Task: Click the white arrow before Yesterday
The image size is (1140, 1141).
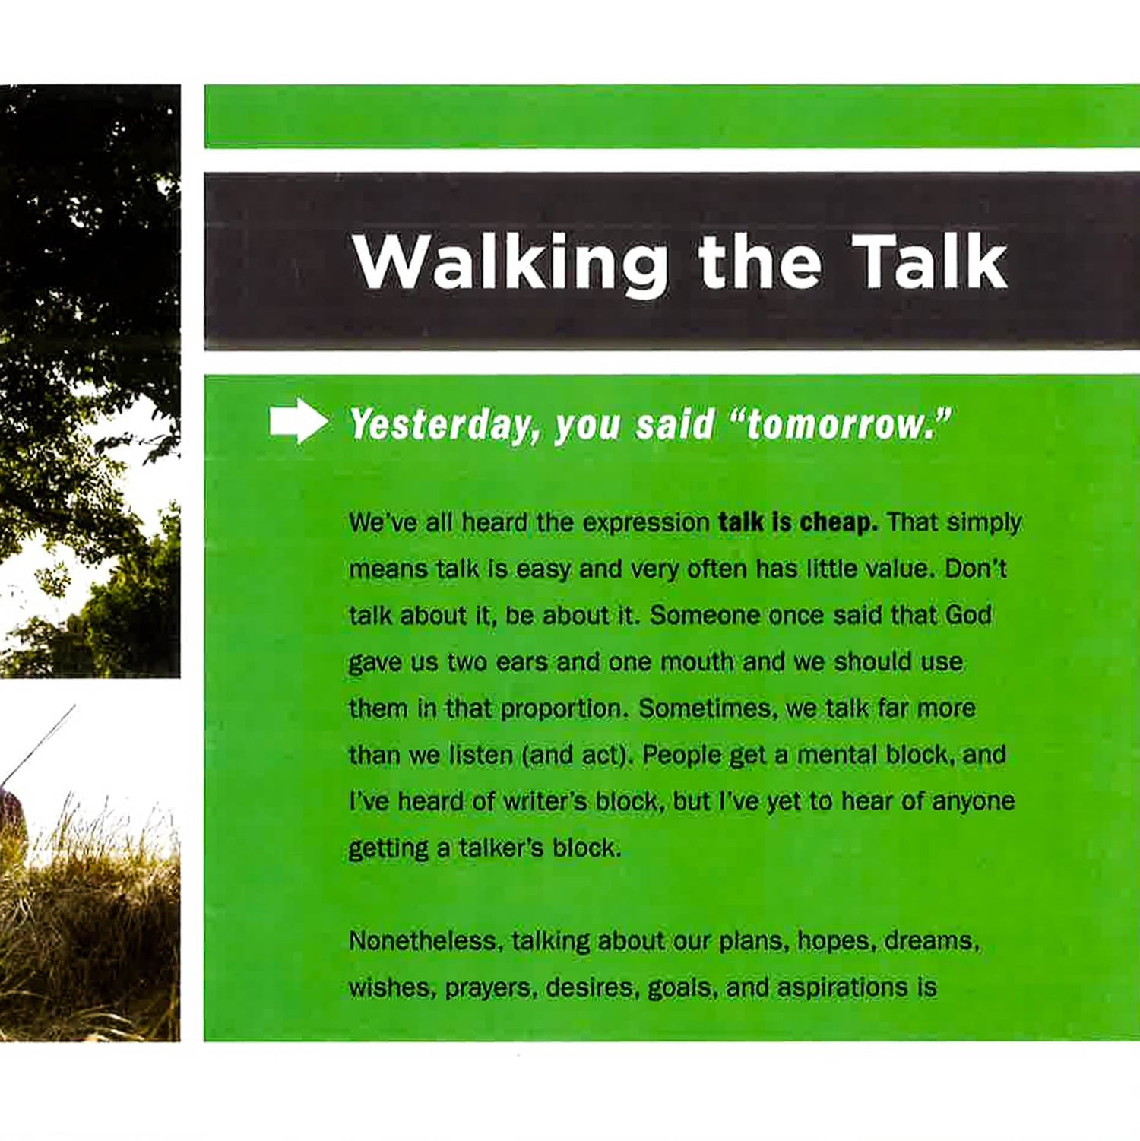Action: pos(299,420)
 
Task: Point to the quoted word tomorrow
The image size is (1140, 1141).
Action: pos(841,423)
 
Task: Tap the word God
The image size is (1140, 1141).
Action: pos(968,615)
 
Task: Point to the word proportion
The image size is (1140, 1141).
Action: pos(564,709)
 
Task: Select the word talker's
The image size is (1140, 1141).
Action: pos(502,848)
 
